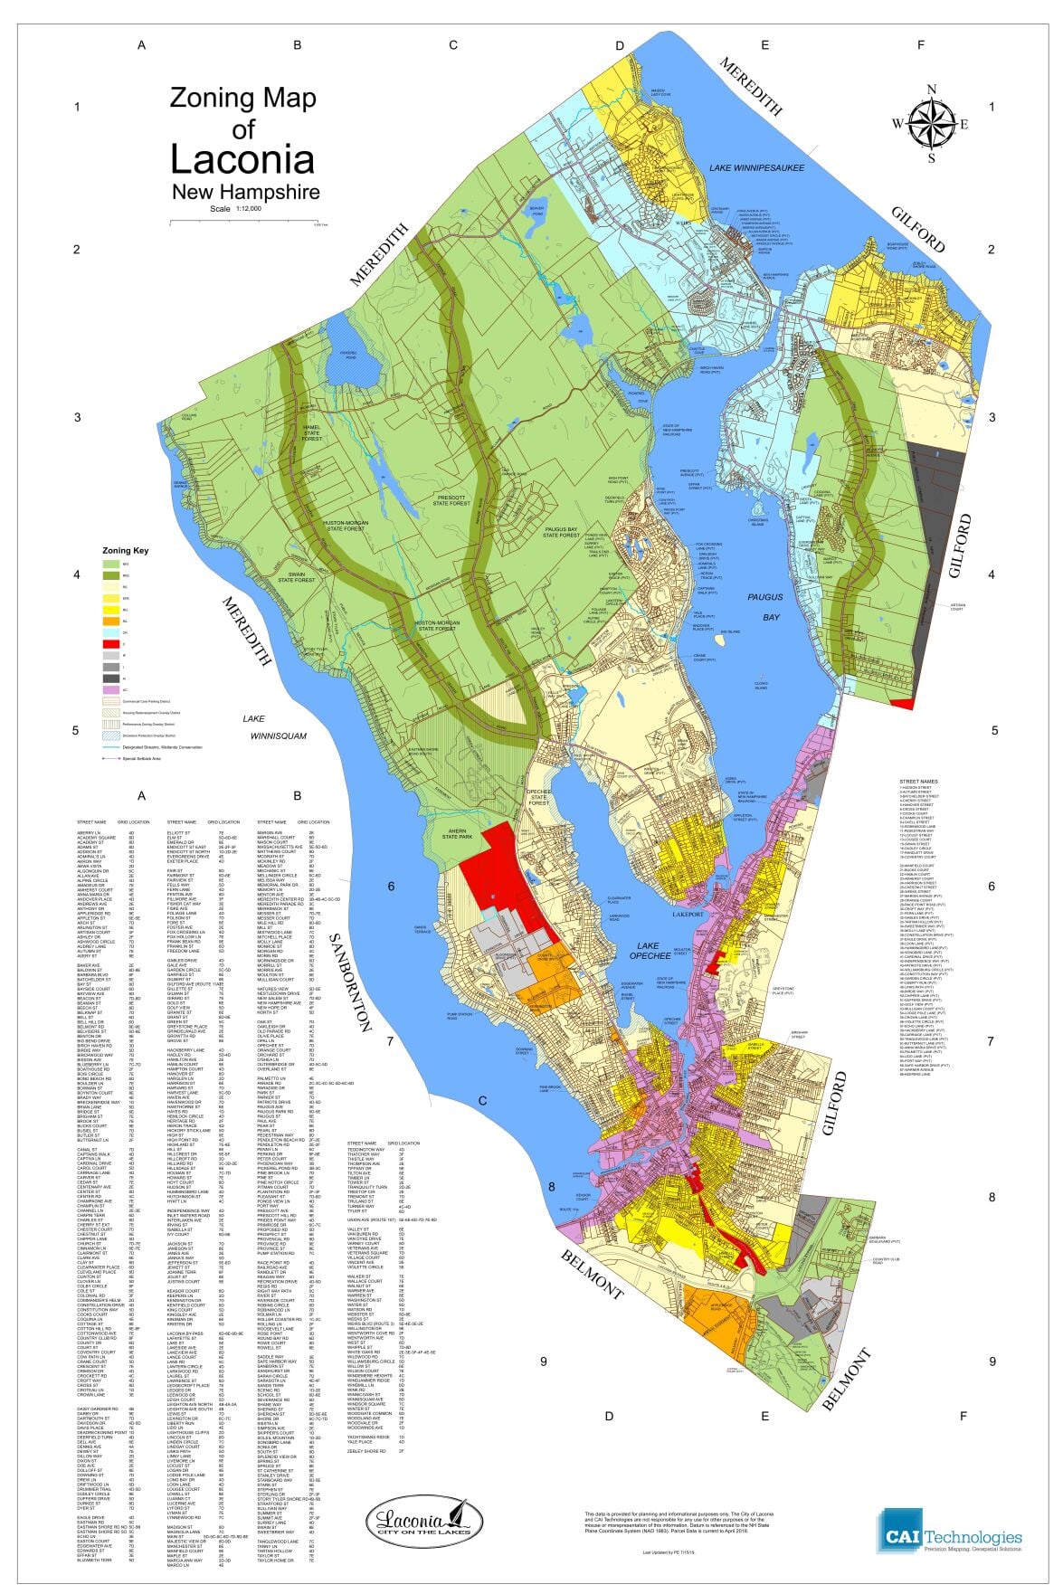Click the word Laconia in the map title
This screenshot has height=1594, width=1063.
[242, 158]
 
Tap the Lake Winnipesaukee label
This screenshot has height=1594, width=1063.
[756, 168]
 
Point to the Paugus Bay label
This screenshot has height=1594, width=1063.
[764, 607]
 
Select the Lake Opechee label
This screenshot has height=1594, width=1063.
[650, 949]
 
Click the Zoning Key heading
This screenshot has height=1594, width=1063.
[125, 550]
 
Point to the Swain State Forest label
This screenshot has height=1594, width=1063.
[295, 576]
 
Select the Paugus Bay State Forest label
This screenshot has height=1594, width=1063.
[561, 532]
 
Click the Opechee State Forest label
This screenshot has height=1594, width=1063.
[539, 796]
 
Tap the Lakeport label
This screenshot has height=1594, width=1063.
[688, 915]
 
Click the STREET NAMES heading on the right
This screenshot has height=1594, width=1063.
[918, 781]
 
